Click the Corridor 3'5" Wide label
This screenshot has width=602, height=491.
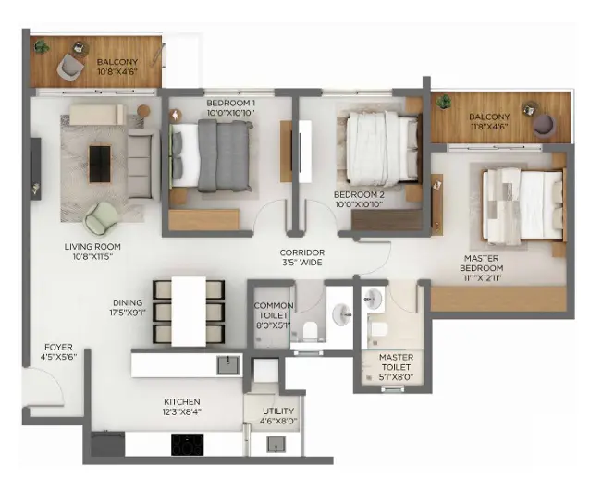click(303, 257)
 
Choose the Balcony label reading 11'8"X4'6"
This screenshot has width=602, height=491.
click(489, 123)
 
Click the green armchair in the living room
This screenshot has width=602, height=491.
click(101, 217)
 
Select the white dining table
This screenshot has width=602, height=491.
click(189, 312)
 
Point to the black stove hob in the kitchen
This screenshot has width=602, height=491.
click(188, 445)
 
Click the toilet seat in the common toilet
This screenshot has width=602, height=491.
click(311, 330)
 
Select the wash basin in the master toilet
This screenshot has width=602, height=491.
click(373, 298)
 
